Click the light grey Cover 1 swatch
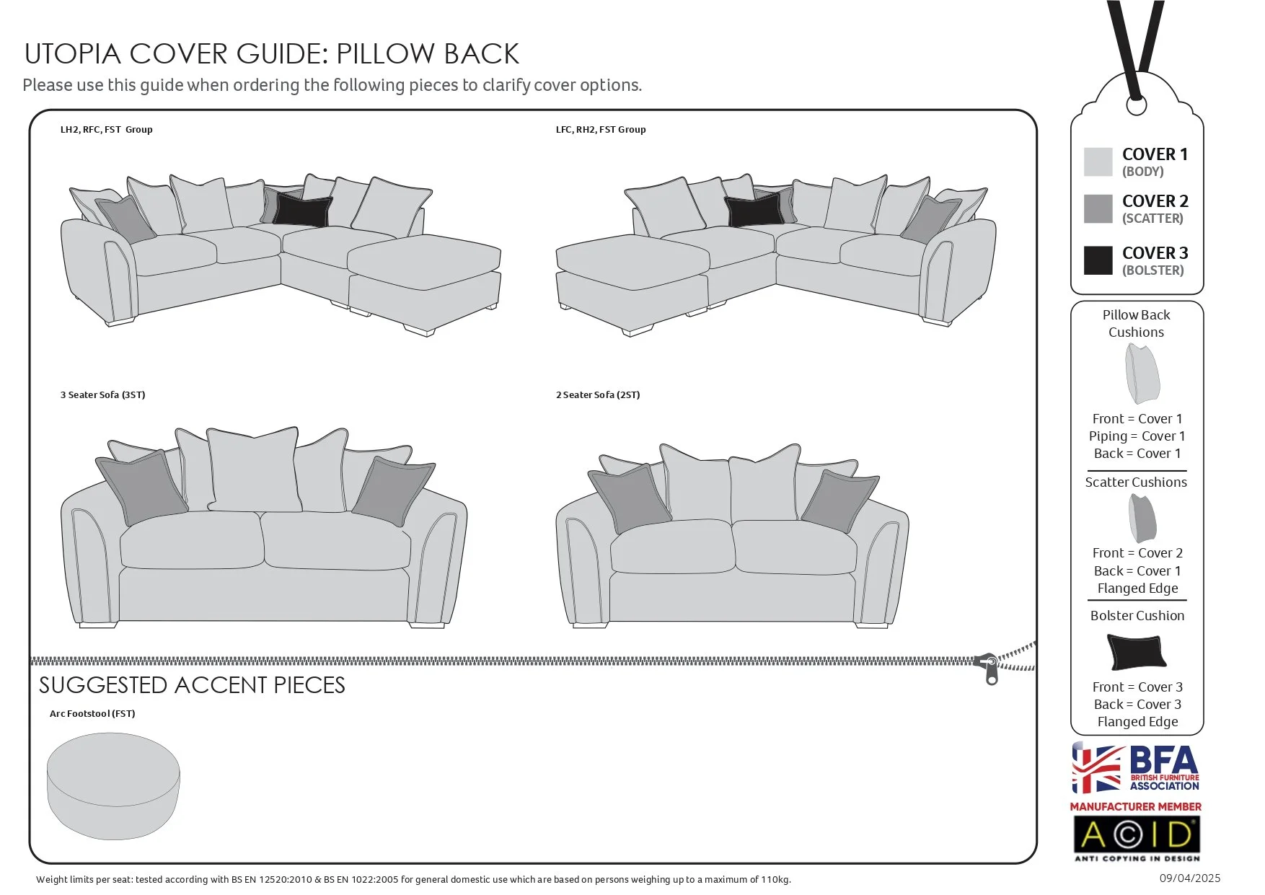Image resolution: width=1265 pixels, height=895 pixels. pos(1098,162)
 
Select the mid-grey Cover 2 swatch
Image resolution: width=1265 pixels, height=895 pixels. pos(1098,208)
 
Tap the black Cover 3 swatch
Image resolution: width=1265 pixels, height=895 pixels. pos(1098,260)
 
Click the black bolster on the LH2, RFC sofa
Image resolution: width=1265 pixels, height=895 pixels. pos(302,210)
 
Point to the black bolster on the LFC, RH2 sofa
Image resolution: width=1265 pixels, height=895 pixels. pos(754,210)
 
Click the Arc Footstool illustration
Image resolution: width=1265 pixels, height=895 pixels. pos(113,786)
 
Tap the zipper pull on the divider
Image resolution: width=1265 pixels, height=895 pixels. pos(991,669)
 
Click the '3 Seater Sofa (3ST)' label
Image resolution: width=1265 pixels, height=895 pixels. pos(103,395)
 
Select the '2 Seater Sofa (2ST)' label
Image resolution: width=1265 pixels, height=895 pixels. pos(598,395)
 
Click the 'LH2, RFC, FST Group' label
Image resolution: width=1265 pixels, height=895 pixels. pos(107,130)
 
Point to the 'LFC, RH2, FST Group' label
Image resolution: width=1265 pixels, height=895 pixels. pos(601,130)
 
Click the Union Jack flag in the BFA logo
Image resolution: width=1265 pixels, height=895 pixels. pos(1097,769)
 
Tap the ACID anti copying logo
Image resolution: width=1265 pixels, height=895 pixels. pos(1137,836)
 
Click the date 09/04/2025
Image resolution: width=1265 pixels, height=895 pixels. pos(1190,878)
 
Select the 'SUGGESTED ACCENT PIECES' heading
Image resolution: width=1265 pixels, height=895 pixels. pos(192,685)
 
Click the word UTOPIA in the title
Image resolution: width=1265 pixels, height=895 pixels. pos(72,54)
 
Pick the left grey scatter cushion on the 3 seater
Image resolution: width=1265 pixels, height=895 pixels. pos(141,487)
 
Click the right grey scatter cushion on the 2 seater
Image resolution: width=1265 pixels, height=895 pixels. pos(839,501)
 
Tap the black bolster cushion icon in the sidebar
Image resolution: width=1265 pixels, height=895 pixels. pos(1136,651)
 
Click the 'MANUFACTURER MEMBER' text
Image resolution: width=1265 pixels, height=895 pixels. pos(1136,807)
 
